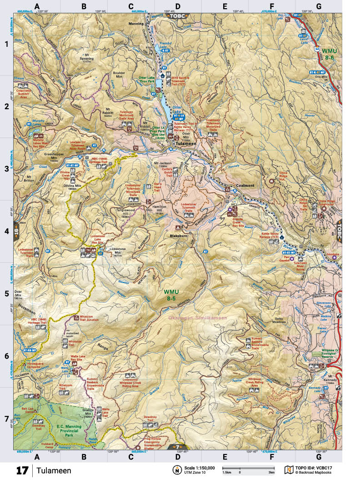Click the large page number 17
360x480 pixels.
tap(23, 470)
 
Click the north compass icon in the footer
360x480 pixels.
tap(175, 470)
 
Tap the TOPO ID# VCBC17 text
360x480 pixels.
tap(315, 467)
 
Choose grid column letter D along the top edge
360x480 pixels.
tap(178, 6)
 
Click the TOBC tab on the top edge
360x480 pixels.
tap(178, 15)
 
